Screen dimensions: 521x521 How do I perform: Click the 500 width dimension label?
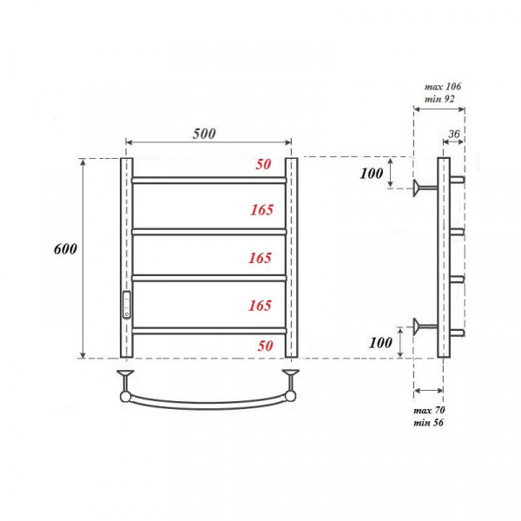point(204,134)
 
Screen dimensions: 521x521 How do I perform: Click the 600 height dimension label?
point(65,248)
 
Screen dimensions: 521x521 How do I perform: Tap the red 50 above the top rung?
point(263,164)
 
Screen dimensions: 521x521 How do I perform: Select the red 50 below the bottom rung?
point(265,346)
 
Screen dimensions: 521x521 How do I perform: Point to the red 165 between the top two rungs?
point(262,209)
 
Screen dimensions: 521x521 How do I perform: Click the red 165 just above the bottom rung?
point(260,306)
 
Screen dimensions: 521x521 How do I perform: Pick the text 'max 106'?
point(443,87)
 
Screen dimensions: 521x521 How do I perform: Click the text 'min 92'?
point(439,99)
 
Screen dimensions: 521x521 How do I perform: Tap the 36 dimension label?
point(454,134)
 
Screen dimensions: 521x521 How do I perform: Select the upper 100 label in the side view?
point(372,173)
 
